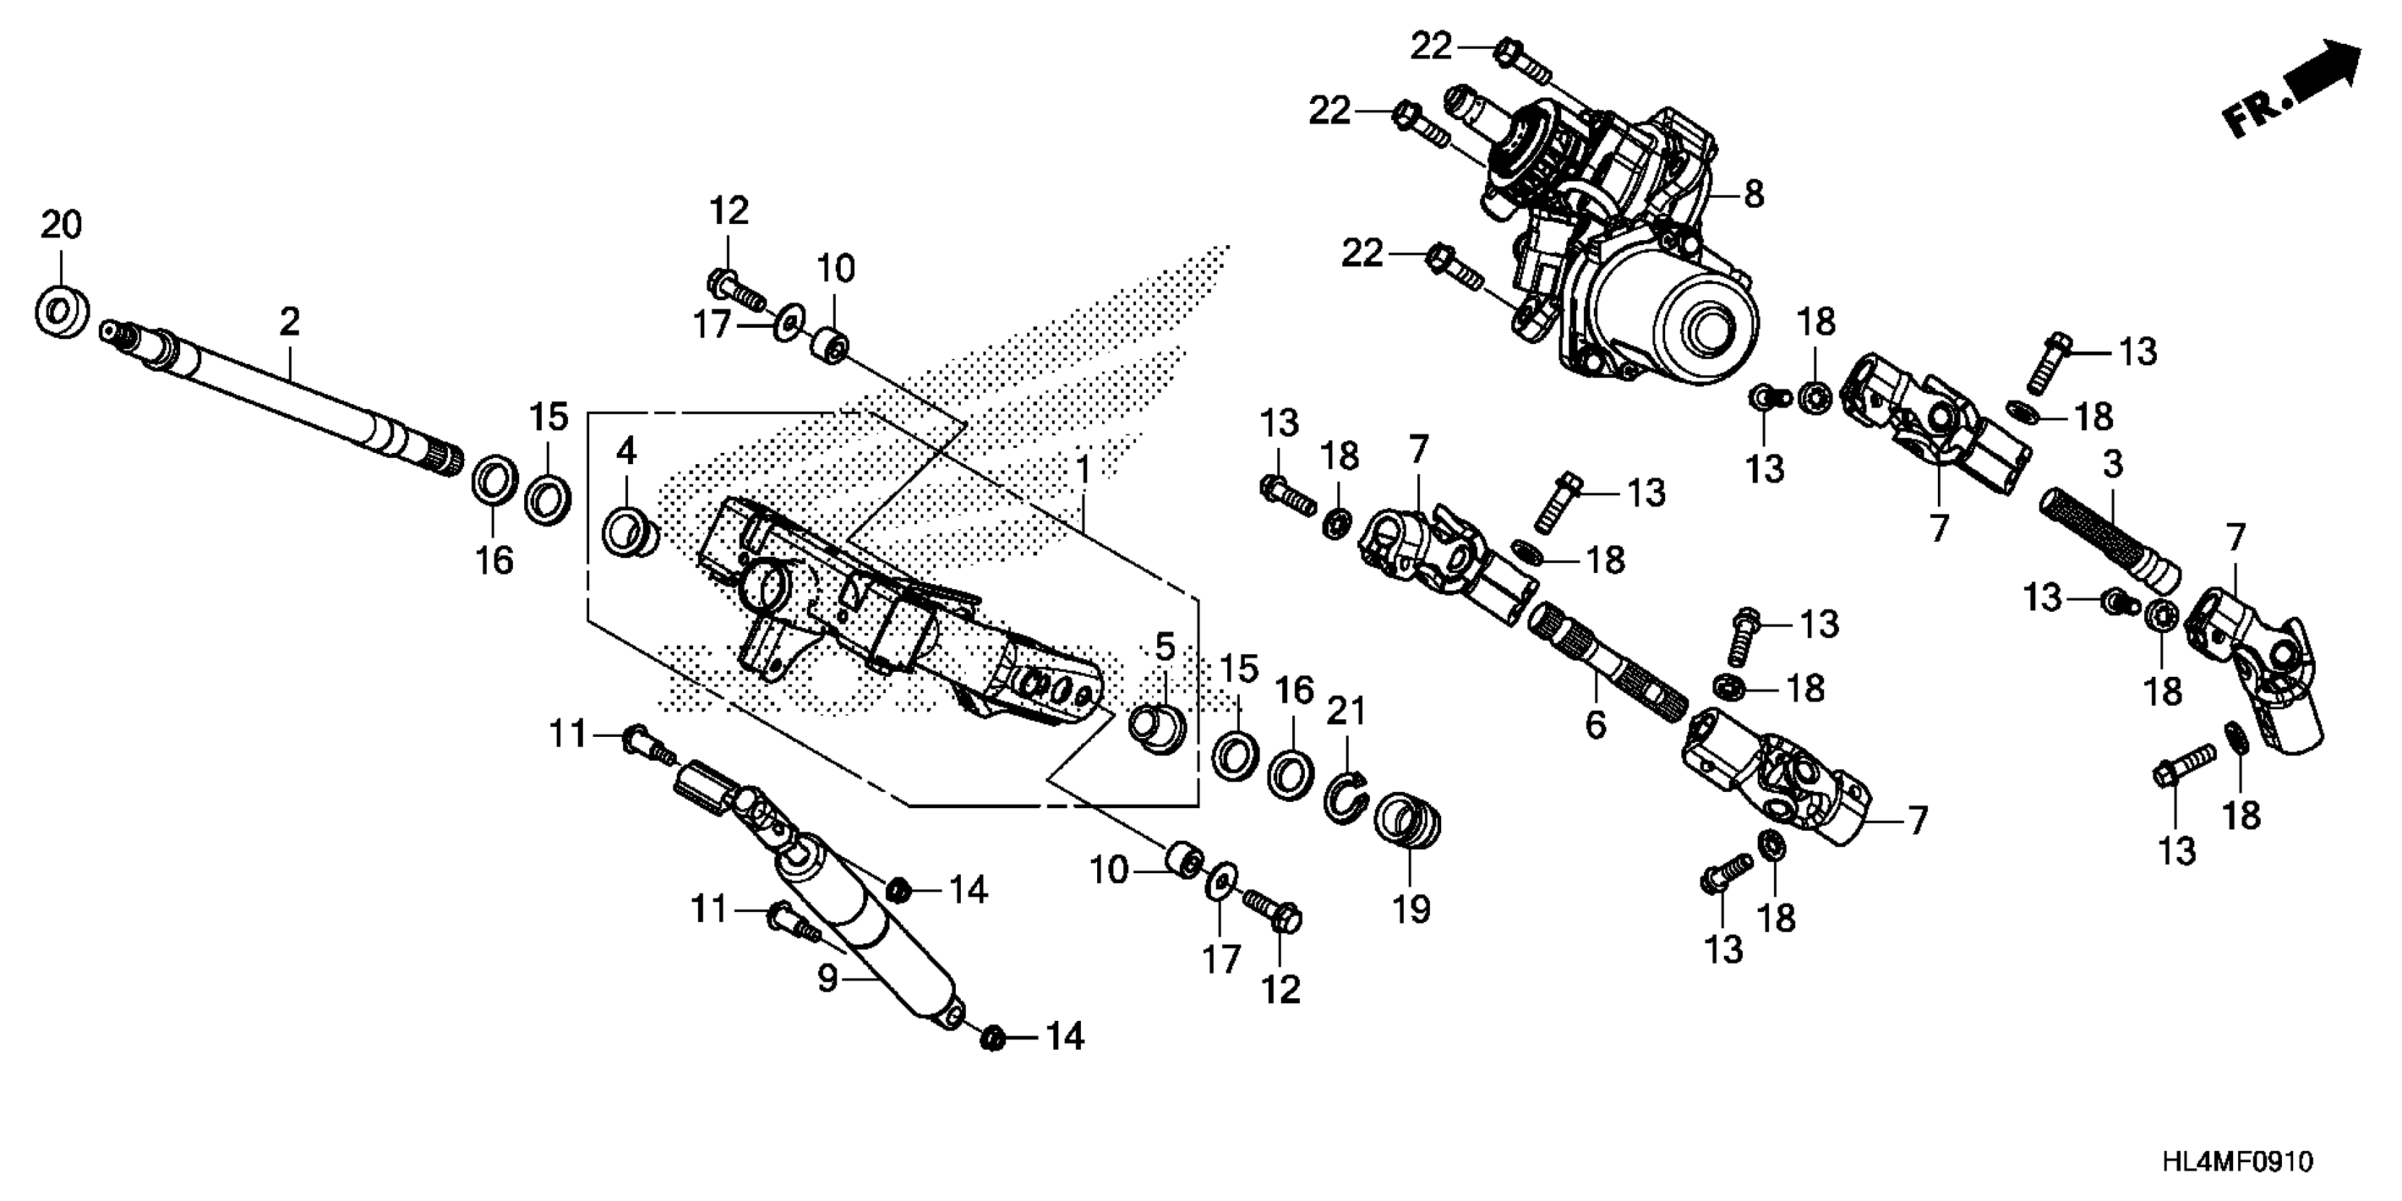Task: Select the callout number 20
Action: pos(61,225)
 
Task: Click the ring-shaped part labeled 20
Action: pos(62,312)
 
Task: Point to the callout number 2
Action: pos(290,323)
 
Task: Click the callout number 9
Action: pos(827,980)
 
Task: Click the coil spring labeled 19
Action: pos(1408,820)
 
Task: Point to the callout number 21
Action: pos(1346,711)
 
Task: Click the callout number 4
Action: pos(626,452)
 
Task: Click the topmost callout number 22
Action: pos(1431,47)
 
